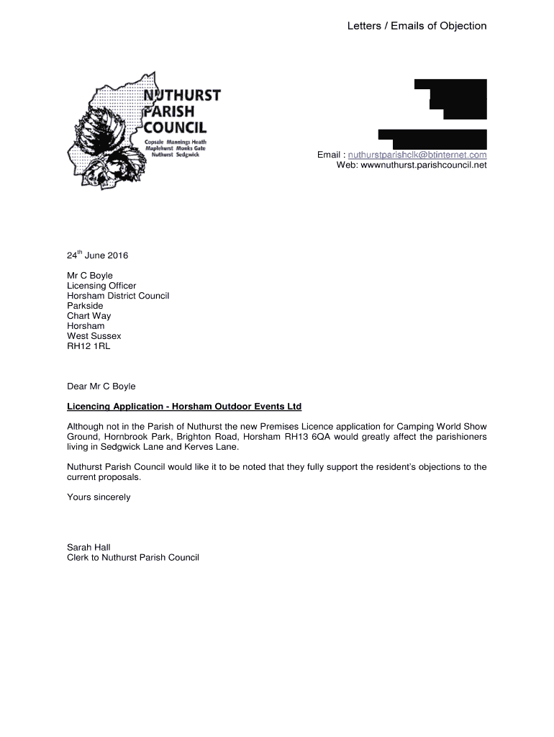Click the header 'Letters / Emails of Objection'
417,27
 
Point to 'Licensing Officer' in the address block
101,286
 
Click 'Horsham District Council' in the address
118,296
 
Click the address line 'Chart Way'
89,316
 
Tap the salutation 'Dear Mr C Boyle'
101,386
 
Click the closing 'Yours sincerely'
99,497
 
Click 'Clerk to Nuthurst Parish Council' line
133,558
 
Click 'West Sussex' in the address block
94,336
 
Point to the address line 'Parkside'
86,306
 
